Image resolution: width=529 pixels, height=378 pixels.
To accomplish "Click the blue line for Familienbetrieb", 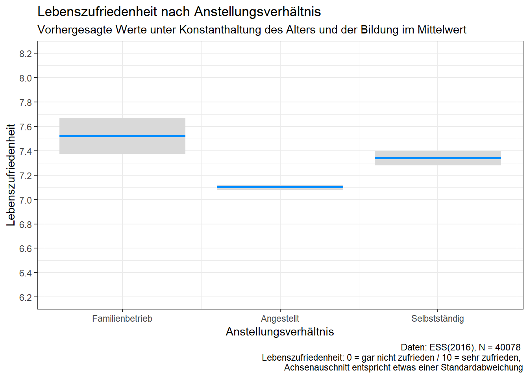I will tap(122, 136).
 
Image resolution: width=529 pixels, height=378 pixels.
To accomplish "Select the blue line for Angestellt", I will tap(280, 187).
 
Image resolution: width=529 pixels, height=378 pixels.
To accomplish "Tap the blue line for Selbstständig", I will tap(438, 158).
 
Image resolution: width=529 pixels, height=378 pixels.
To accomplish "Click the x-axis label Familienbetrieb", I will tap(122, 319).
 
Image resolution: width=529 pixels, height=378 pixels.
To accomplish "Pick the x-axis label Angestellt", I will tap(280, 319).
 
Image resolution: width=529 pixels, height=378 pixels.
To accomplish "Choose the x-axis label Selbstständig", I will tap(437, 319).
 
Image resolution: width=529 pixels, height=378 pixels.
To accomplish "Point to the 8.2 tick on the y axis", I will tap(26, 54).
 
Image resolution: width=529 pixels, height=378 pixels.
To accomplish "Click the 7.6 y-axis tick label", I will tap(26, 127).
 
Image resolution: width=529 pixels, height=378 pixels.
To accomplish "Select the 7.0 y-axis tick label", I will tap(26, 200).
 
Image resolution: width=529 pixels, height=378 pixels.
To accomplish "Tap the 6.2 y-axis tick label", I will tap(26, 298).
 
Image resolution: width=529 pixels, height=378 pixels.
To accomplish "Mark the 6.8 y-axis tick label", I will tap(26, 224).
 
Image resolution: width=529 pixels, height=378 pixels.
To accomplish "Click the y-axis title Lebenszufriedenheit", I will tap(11, 175).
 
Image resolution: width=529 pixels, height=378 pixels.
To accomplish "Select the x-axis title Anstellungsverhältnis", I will tap(280, 332).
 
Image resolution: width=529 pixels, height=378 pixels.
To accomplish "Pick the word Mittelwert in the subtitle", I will tap(442, 30).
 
